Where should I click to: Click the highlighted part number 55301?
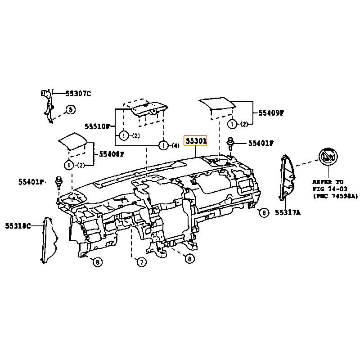click(195, 141)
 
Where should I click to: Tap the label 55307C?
click(78, 94)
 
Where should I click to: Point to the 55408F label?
click(111, 154)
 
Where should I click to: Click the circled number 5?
click(70, 109)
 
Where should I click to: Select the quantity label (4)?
click(175, 145)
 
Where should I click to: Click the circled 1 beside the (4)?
click(164, 145)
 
